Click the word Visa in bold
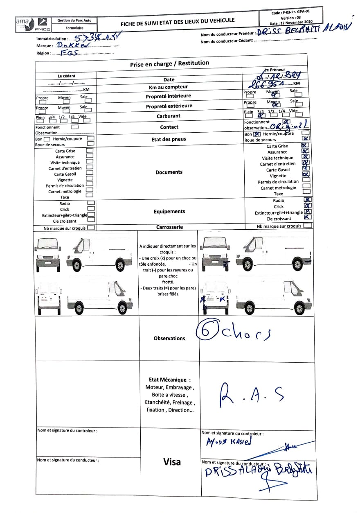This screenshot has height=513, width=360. coord(172,462)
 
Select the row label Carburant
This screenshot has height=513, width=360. coord(169,116)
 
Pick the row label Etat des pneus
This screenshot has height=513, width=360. coord(169,139)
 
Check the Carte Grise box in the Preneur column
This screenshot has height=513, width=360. coord(305,145)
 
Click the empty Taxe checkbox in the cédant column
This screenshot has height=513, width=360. coord(90,196)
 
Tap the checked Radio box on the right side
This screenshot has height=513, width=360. coord(307,200)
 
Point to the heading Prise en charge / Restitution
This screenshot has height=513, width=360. coord(169,63)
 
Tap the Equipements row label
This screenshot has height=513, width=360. coord(169,212)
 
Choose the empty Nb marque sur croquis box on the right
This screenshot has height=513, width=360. coord(308,225)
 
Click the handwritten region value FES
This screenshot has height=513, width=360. coord(69,53)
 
